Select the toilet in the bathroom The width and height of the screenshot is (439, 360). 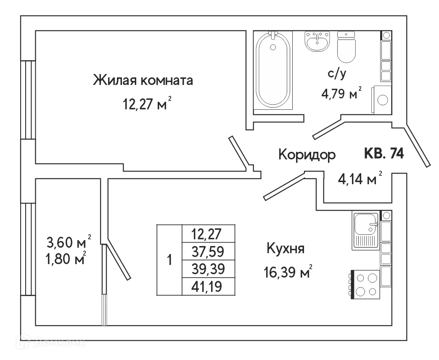[347, 47]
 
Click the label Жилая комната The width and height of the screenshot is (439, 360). [143, 80]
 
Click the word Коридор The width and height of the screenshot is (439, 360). [307, 155]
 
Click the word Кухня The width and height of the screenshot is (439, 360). [286, 249]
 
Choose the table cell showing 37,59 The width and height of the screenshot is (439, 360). [208, 251]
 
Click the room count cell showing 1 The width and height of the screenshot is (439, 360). [169, 260]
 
